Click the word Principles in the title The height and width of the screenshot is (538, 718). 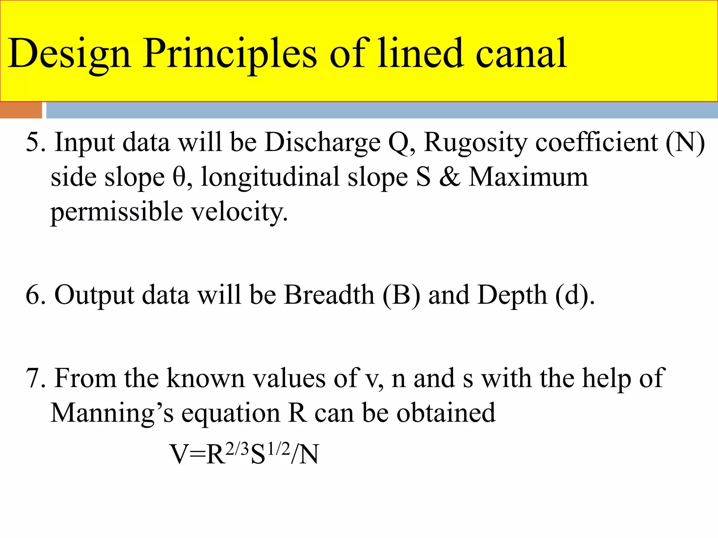tap(230, 54)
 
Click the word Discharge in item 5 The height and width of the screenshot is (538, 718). tap(323, 143)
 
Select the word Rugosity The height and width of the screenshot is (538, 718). tap(475, 143)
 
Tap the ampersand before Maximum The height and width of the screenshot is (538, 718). tap(450, 177)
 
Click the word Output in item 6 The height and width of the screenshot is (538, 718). tap(94, 295)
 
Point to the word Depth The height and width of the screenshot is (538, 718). tap(512, 295)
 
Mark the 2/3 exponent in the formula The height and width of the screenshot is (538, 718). tap(237, 449)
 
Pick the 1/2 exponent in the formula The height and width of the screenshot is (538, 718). tap(279, 449)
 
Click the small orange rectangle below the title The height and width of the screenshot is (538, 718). tap(21, 110)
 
